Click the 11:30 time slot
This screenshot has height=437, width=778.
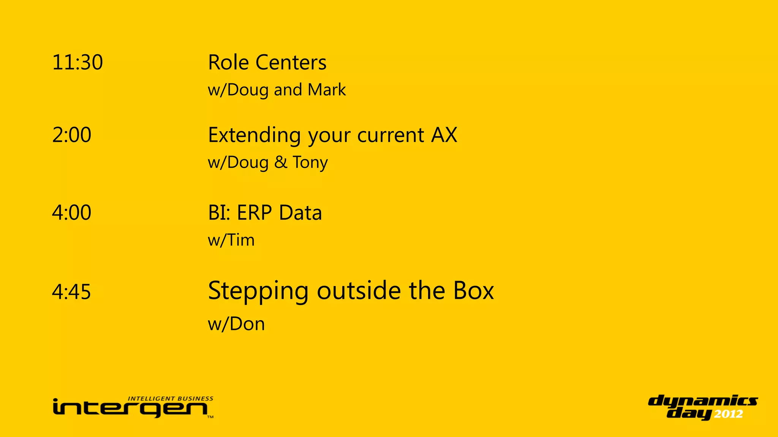pos(77,63)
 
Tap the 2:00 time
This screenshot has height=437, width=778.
pos(72,135)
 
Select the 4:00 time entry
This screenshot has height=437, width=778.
pos(72,212)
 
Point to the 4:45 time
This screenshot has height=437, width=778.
pos(72,292)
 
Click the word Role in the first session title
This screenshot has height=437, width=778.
pos(228,63)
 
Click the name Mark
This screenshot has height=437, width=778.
pos(327,90)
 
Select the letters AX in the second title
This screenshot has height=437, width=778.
pos(444,135)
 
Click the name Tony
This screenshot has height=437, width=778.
pos(310,163)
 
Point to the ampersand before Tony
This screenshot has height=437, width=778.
pos(281,163)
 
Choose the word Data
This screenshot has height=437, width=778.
pos(300,213)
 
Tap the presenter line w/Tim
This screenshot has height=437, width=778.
pos(231,240)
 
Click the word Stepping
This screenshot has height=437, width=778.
pos(258,291)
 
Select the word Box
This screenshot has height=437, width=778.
pos(473,291)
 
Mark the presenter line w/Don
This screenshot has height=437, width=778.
pos(236,324)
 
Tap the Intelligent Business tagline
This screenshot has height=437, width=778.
pos(171,399)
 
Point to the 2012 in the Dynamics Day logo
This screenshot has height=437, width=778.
pos(729,414)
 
